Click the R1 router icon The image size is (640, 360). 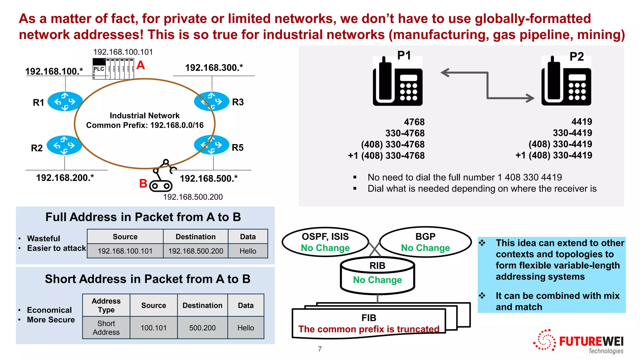65,101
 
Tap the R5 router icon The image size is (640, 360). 212,145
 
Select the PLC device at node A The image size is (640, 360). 113,69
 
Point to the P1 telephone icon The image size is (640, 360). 397,82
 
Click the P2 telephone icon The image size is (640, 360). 566,82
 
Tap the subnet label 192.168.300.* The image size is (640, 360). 214,67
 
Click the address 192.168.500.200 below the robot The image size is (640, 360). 193,197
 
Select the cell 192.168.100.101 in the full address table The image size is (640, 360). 125,251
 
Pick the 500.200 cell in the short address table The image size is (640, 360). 202,328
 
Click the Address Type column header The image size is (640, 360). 106,305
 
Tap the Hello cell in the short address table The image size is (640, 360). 246,328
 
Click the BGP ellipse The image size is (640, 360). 425,242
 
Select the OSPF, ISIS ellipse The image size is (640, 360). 325,242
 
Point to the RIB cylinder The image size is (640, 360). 377,275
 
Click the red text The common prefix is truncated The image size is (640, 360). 368,329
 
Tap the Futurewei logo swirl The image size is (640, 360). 545,340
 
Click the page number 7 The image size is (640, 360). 320,349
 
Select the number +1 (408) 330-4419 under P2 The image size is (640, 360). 553,155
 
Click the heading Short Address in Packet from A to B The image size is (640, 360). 147,279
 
